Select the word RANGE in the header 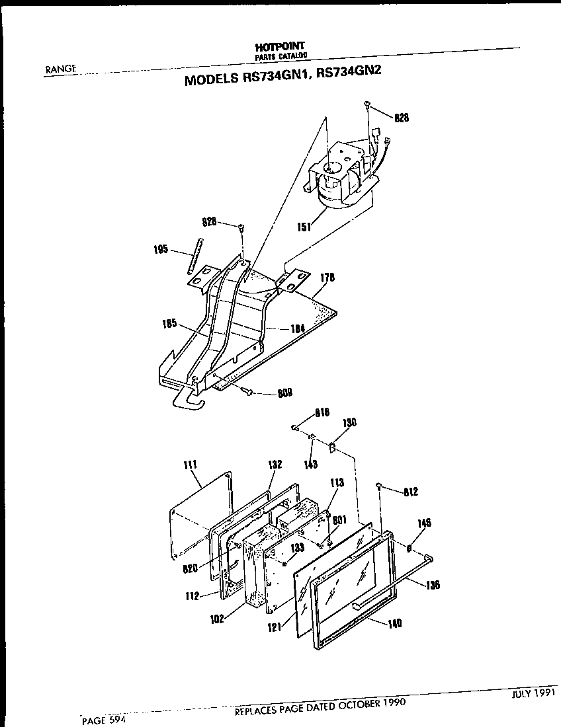point(62,68)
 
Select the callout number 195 point(160,250)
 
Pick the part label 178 point(327,278)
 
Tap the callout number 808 point(286,395)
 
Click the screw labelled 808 point(246,392)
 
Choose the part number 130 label point(349,423)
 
